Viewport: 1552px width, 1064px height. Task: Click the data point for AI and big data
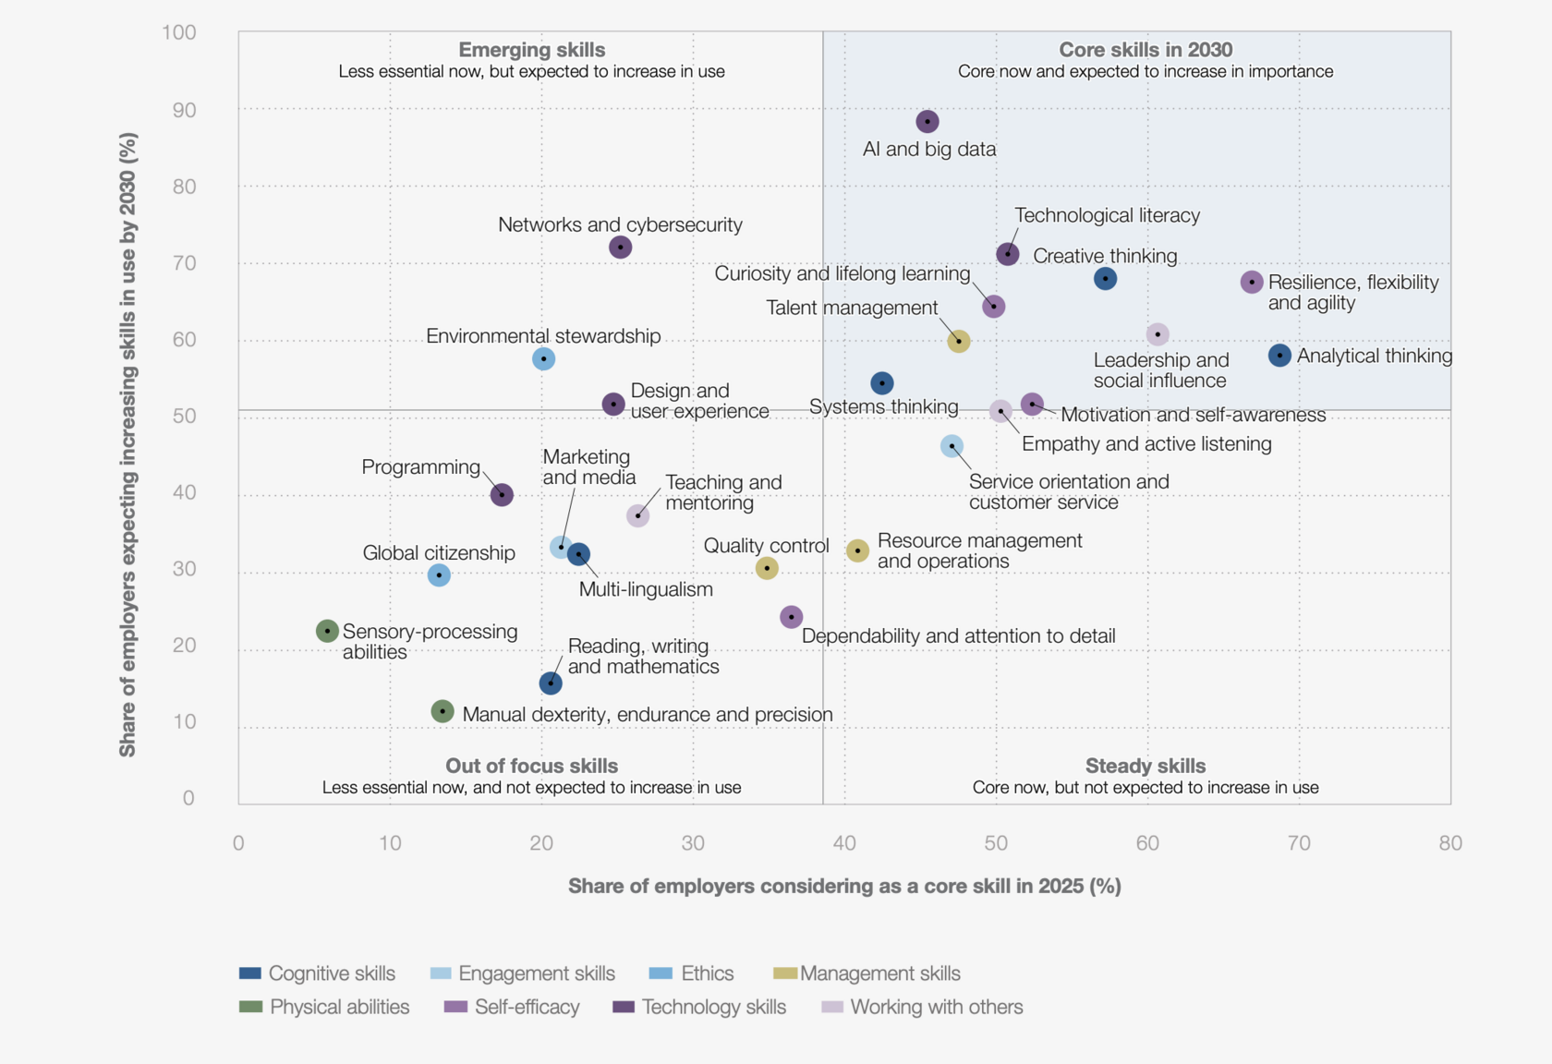click(927, 121)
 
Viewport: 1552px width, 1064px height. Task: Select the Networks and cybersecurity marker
click(620, 247)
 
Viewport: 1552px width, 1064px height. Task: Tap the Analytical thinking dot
click(1279, 355)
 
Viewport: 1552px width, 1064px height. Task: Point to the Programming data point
click(501, 494)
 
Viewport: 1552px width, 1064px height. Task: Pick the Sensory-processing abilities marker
click(327, 631)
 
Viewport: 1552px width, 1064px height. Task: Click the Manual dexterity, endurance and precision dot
click(443, 711)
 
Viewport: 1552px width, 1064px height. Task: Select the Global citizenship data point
click(439, 574)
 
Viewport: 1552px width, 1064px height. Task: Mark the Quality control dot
click(766, 567)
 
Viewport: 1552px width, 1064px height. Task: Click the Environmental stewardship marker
click(543, 358)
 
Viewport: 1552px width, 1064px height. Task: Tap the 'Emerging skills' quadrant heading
click(531, 50)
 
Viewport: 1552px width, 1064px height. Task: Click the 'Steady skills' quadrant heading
click(1145, 766)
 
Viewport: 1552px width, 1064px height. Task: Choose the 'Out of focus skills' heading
click(531, 766)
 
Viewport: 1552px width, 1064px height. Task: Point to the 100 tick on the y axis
click(179, 32)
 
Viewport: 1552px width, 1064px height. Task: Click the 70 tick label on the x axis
click(1299, 842)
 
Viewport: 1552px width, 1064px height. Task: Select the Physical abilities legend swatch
click(250, 1007)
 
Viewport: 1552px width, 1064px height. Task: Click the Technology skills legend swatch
click(624, 1007)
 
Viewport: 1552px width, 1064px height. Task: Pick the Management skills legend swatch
click(785, 973)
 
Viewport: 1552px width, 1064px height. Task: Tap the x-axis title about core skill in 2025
click(844, 887)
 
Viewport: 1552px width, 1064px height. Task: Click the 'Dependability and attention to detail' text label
click(958, 635)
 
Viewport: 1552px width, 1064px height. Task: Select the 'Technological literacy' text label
click(1107, 215)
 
